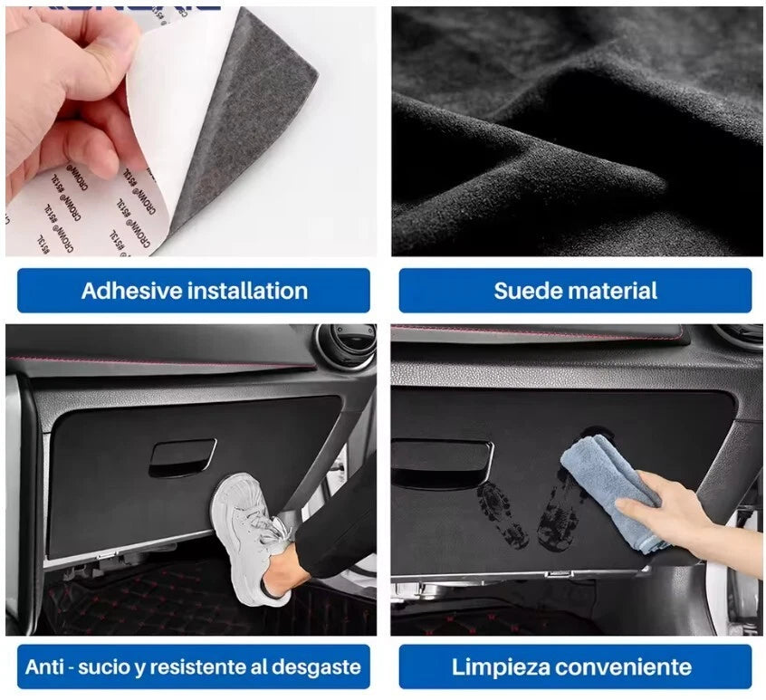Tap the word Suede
(528, 291)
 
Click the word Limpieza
(502, 668)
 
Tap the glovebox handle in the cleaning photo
(442, 462)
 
